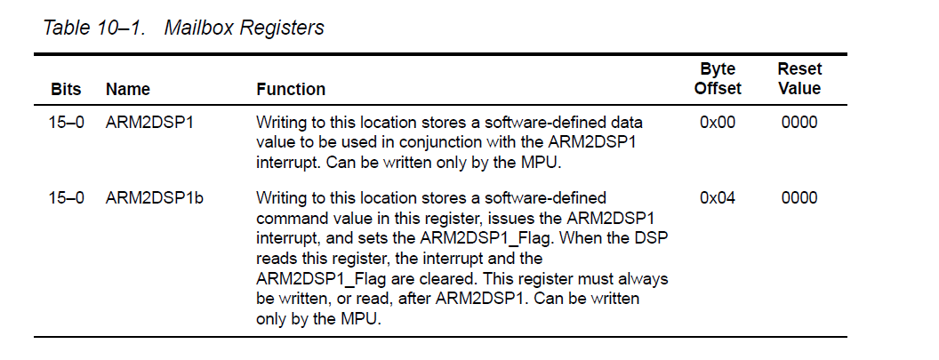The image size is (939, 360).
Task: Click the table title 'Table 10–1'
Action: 94,28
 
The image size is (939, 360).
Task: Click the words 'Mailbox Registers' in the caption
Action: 245,28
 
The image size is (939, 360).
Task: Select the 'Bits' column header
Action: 66,89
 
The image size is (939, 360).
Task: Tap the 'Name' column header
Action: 127,89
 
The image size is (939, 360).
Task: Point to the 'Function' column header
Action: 291,89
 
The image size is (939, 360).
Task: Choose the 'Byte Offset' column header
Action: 718,79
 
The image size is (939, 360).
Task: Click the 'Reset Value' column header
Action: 799,79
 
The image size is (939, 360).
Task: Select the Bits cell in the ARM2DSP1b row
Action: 67,198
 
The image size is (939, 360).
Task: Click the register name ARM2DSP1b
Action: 155,198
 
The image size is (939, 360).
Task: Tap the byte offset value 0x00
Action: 718,123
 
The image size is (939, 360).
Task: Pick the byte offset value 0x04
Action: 718,198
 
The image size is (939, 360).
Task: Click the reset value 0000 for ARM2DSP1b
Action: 799,198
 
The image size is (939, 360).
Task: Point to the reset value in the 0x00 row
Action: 799,123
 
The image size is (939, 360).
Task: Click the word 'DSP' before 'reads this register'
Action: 652,238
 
